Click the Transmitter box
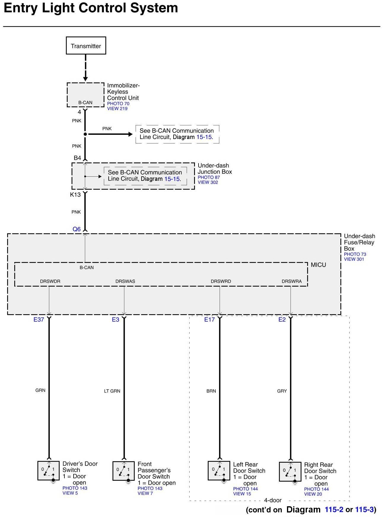click(86, 46)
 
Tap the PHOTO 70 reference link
click(118, 104)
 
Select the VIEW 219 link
click(117, 108)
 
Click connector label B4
click(77, 158)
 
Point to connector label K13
click(75, 195)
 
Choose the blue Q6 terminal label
click(77, 229)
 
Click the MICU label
click(318, 265)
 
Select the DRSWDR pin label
click(50, 281)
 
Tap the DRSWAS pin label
click(125, 281)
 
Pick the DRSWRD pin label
click(221, 281)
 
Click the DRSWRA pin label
click(291, 281)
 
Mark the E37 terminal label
click(39, 320)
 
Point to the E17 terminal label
click(209, 320)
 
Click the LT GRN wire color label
click(112, 391)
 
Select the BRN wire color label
click(211, 391)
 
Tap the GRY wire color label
click(282, 391)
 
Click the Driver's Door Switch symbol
click(48, 470)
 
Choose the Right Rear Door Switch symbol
click(290, 472)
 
